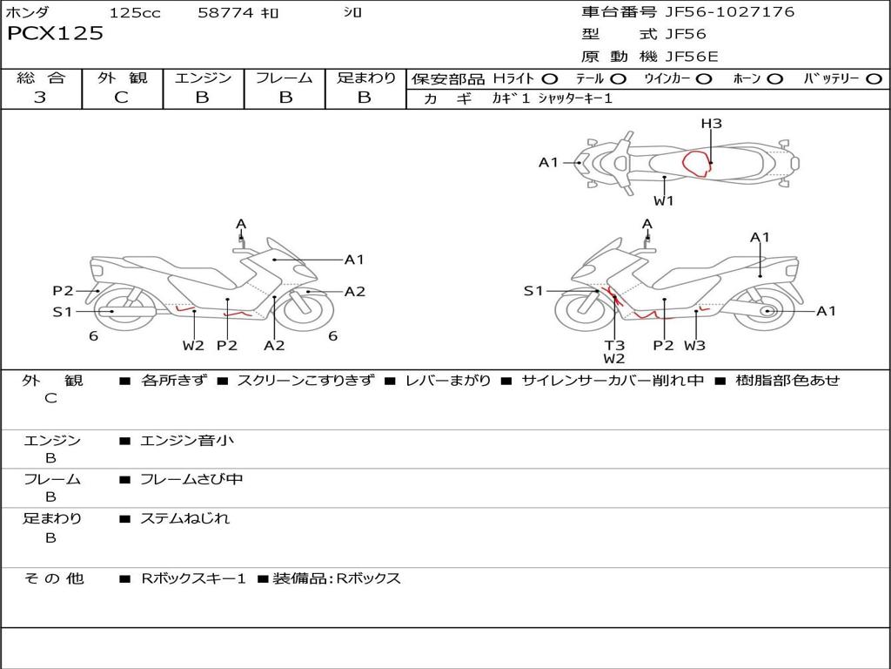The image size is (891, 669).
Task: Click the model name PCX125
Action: [55, 34]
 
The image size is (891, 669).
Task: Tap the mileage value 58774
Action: [224, 13]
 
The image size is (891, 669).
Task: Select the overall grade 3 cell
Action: [40, 98]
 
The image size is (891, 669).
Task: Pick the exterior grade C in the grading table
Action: [122, 98]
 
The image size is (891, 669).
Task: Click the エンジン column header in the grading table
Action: [203, 78]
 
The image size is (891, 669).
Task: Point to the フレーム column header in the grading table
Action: [285, 78]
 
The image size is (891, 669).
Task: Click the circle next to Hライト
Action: [550, 79]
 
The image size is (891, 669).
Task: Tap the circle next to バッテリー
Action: [874, 79]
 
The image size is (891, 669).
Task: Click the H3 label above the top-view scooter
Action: [711, 124]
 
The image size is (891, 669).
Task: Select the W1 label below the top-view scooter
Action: [664, 201]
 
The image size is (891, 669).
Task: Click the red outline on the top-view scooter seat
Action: [696, 163]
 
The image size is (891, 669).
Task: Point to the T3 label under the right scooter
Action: [614, 345]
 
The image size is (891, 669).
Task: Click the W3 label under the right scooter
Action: [694, 345]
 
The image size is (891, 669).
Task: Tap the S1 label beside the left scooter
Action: [63, 311]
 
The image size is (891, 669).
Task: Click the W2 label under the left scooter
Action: [193, 345]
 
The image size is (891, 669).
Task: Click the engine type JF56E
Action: [692, 57]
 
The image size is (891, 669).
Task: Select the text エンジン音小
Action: [187, 441]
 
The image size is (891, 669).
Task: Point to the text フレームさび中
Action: [192, 479]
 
